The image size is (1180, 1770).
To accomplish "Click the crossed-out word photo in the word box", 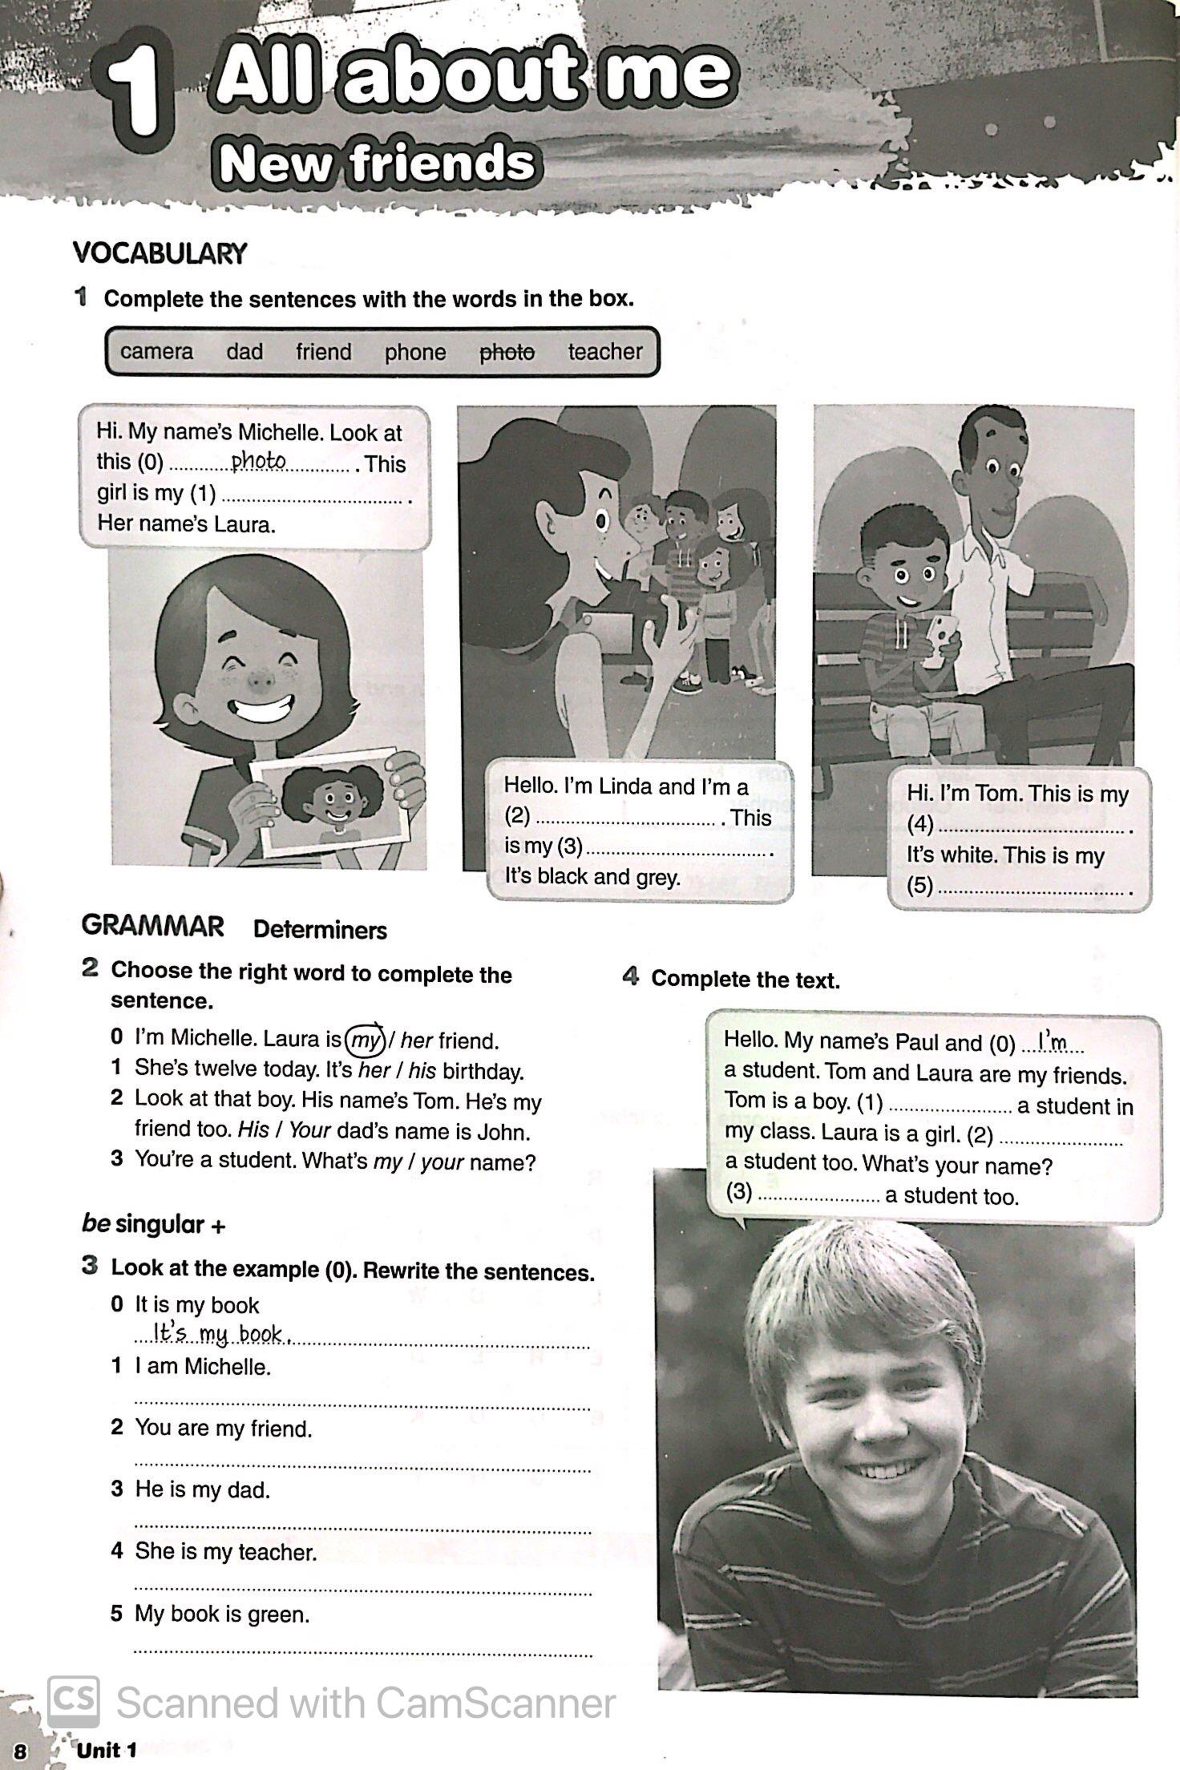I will tap(507, 352).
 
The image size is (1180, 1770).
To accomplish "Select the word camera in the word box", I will tap(156, 352).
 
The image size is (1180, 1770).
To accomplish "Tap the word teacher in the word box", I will tap(605, 351).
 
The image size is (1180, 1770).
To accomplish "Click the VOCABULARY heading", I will tap(160, 254).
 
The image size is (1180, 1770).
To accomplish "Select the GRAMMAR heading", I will tap(152, 926).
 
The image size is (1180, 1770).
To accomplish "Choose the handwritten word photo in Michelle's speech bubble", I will tap(258, 461).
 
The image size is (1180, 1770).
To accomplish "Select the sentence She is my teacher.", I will tap(225, 1552).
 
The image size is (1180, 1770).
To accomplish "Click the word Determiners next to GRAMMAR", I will tap(320, 930).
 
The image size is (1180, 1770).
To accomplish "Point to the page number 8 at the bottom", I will tap(20, 1753).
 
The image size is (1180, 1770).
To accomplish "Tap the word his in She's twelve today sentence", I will tap(422, 1071).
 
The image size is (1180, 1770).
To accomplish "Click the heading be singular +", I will tap(154, 1224).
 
